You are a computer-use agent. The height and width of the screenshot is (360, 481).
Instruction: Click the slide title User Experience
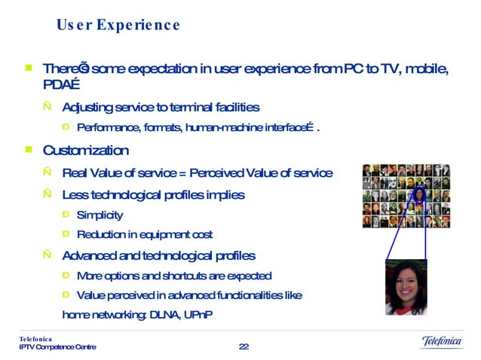(118, 26)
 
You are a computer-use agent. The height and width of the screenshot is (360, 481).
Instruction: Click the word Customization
(86, 151)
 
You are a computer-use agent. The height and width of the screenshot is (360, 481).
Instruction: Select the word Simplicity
(100, 215)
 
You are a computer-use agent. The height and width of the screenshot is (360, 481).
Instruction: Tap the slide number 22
(244, 346)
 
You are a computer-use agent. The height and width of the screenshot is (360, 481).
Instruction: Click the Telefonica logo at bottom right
(441, 343)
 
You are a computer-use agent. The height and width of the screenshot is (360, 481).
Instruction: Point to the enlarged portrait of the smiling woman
(406, 287)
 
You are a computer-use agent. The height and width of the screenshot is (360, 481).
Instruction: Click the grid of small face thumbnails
(406, 196)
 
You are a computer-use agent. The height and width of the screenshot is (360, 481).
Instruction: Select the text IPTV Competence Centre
(58, 347)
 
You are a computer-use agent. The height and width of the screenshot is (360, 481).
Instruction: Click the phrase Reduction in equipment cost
(145, 234)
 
